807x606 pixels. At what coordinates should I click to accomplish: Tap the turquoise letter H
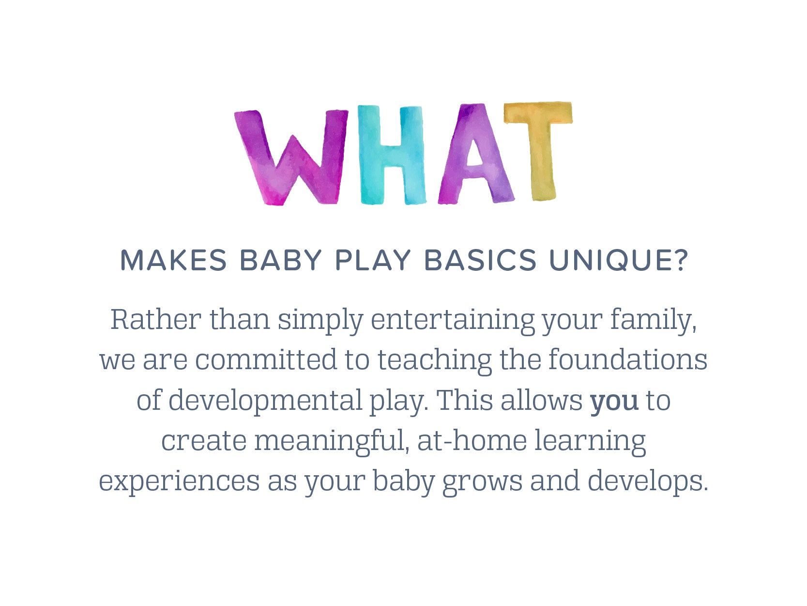tap(392, 155)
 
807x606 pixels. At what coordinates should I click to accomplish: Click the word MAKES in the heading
tap(173, 260)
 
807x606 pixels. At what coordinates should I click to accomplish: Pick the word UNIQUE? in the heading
tap(618, 260)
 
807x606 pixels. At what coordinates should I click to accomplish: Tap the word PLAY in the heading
tap(373, 260)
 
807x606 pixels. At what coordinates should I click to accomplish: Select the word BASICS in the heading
tap(480, 260)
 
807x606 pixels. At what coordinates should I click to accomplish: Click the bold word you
tap(614, 401)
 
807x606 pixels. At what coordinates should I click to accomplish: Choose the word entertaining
tap(453, 320)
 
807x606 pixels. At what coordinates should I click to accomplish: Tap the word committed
tap(266, 360)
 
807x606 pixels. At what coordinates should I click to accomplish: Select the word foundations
tap(628, 360)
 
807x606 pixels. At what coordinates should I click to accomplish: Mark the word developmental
tap(265, 401)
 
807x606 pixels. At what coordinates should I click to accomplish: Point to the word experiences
tap(180, 481)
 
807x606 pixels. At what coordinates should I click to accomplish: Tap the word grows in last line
tap(482, 481)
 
